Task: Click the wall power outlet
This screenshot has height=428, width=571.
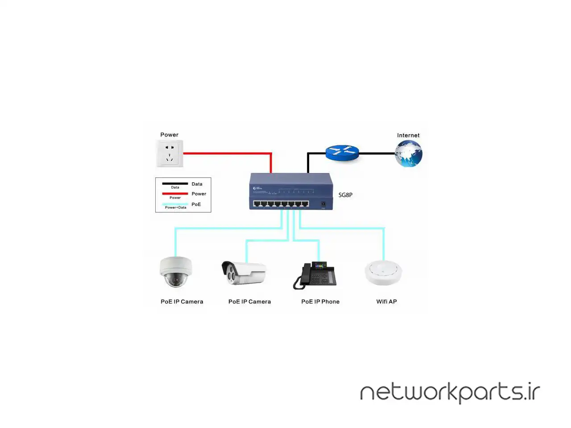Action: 170,153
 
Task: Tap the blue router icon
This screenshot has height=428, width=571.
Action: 342,152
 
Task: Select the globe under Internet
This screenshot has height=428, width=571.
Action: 409,154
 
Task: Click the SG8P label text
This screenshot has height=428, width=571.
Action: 345,195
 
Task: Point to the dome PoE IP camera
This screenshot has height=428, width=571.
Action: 176,272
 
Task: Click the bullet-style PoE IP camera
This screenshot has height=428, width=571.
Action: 244,273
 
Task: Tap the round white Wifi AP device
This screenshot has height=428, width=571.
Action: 383,272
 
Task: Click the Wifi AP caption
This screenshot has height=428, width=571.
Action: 386,302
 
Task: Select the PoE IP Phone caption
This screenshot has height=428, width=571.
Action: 320,302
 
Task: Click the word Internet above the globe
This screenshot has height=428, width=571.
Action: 408,136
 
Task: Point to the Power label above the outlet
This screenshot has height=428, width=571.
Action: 169,135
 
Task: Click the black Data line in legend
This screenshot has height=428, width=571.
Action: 175,183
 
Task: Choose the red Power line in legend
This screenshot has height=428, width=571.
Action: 175,193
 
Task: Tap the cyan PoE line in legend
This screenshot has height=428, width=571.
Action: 175,204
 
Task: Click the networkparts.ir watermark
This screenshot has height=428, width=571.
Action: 450,392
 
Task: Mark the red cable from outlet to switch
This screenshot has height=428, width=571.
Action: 228,153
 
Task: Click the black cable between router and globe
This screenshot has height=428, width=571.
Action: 377,153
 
